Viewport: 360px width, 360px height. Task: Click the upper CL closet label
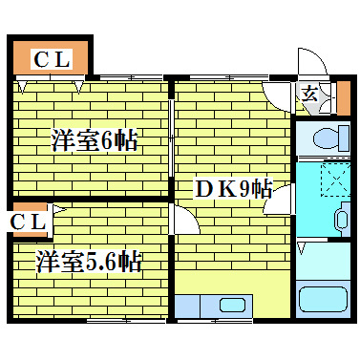52,59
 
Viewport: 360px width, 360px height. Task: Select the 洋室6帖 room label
94,141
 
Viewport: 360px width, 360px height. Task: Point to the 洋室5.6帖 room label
90,261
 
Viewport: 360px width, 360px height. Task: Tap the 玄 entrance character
310,93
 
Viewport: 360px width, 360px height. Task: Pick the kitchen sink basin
232,306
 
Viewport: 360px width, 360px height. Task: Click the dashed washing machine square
335,180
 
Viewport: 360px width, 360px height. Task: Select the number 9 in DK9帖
245,189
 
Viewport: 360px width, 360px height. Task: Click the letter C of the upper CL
41,59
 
